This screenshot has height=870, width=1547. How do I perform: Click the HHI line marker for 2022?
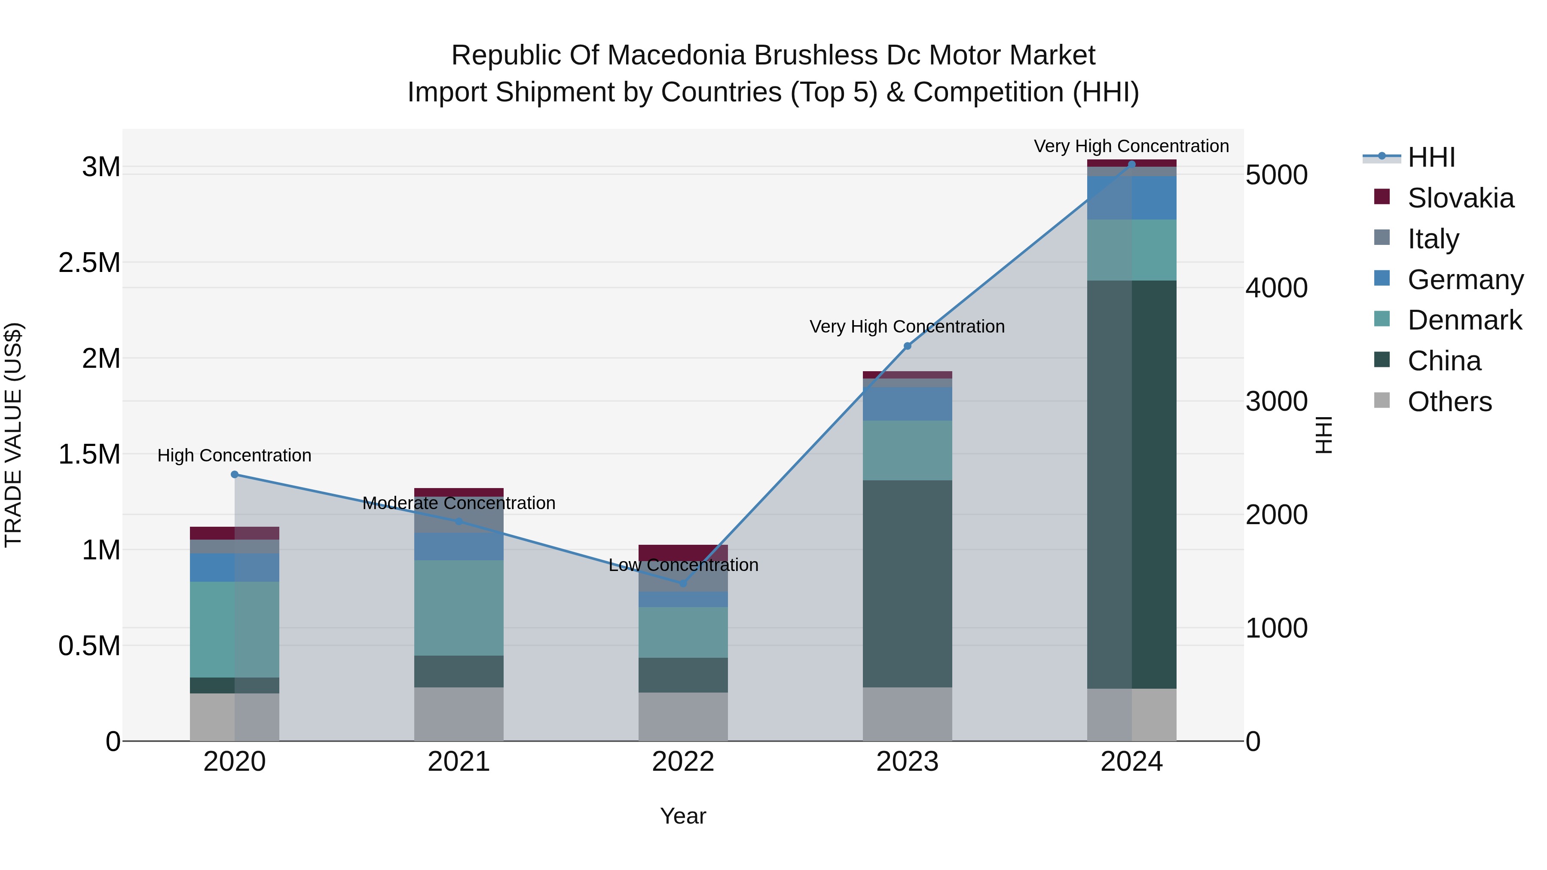[x=683, y=583]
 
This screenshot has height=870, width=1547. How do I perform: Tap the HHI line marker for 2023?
[x=908, y=346]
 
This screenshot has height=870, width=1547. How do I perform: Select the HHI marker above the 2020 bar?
[x=235, y=474]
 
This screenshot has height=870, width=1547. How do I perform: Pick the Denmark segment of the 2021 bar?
[x=459, y=607]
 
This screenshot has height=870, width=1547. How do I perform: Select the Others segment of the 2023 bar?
[x=908, y=714]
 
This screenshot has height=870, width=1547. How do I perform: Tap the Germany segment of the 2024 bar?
[x=1131, y=198]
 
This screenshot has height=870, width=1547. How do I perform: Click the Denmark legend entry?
[x=1464, y=320]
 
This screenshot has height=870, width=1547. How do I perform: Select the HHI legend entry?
[x=1431, y=157]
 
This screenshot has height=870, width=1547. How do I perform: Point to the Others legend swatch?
[x=1382, y=400]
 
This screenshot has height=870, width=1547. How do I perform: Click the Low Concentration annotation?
[x=683, y=565]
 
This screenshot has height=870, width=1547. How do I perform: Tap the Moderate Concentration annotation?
[x=459, y=503]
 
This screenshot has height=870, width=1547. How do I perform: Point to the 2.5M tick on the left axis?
[x=89, y=263]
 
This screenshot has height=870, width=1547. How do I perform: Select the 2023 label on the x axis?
[x=908, y=761]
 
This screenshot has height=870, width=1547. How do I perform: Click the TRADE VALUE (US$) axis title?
[x=13, y=435]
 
